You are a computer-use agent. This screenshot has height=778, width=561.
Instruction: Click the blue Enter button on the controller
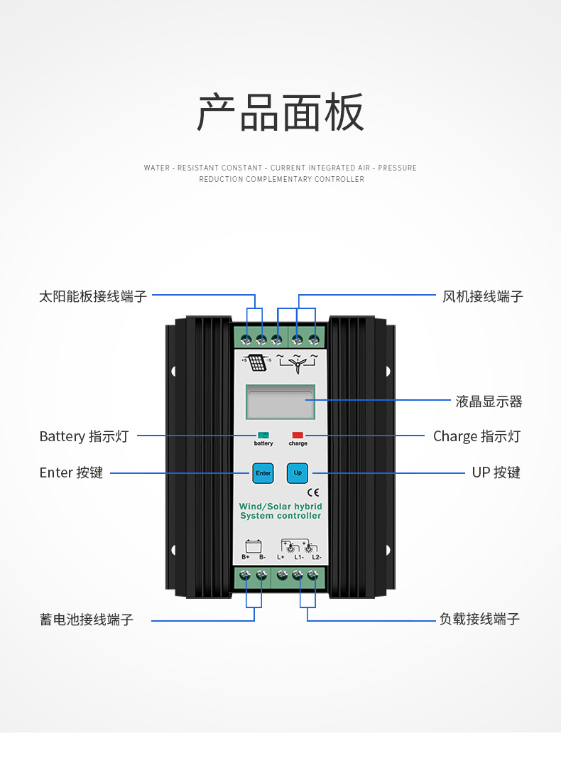pyautogui.click(x=263, y=473)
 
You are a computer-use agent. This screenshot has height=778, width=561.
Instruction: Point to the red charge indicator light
pyautogui.click(x=298, y=435)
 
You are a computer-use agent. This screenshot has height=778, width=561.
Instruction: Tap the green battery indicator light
pyautogui.click(x=263, y=435)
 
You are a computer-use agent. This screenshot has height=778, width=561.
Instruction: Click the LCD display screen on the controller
pyautogui.click(x=280, y=401)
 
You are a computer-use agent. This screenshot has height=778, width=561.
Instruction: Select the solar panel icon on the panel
pyautogui.click(x=258, y=362)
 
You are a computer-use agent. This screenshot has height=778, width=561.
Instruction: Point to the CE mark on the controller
pyautogui.click(x=313, y=492)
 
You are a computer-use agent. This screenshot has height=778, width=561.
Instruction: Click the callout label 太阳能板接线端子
pyautogui.click(x=93, y=297)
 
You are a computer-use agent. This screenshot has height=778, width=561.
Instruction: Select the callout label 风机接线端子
pyautogui.click(x=483, y=297)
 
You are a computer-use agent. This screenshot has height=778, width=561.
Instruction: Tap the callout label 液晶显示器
pyautogui.click(x=489, y=401)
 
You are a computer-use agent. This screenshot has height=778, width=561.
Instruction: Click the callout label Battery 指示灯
pyautogui.click(x=84, y=436)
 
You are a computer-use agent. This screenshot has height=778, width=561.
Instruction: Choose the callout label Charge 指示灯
pyautogui.click(x=476, y=436)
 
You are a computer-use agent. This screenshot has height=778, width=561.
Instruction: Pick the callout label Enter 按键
pyautogui.click(x=71, y=472)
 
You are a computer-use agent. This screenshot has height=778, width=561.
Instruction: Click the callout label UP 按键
pyautogui.click(x=496, y=472)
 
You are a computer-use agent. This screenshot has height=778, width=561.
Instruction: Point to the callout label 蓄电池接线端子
pyautogui.click(x=87, y=620)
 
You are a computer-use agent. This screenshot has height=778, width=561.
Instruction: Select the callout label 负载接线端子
pyautogui.click(x=479, y=619)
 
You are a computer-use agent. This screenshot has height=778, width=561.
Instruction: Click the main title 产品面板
pyautogui.click(x=280, y=113)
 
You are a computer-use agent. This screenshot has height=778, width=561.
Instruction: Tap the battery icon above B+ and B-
pyautogui.click(x=254, y=546)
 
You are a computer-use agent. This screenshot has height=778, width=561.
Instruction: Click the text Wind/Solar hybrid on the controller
pyautogui.click(x=280, y=506)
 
